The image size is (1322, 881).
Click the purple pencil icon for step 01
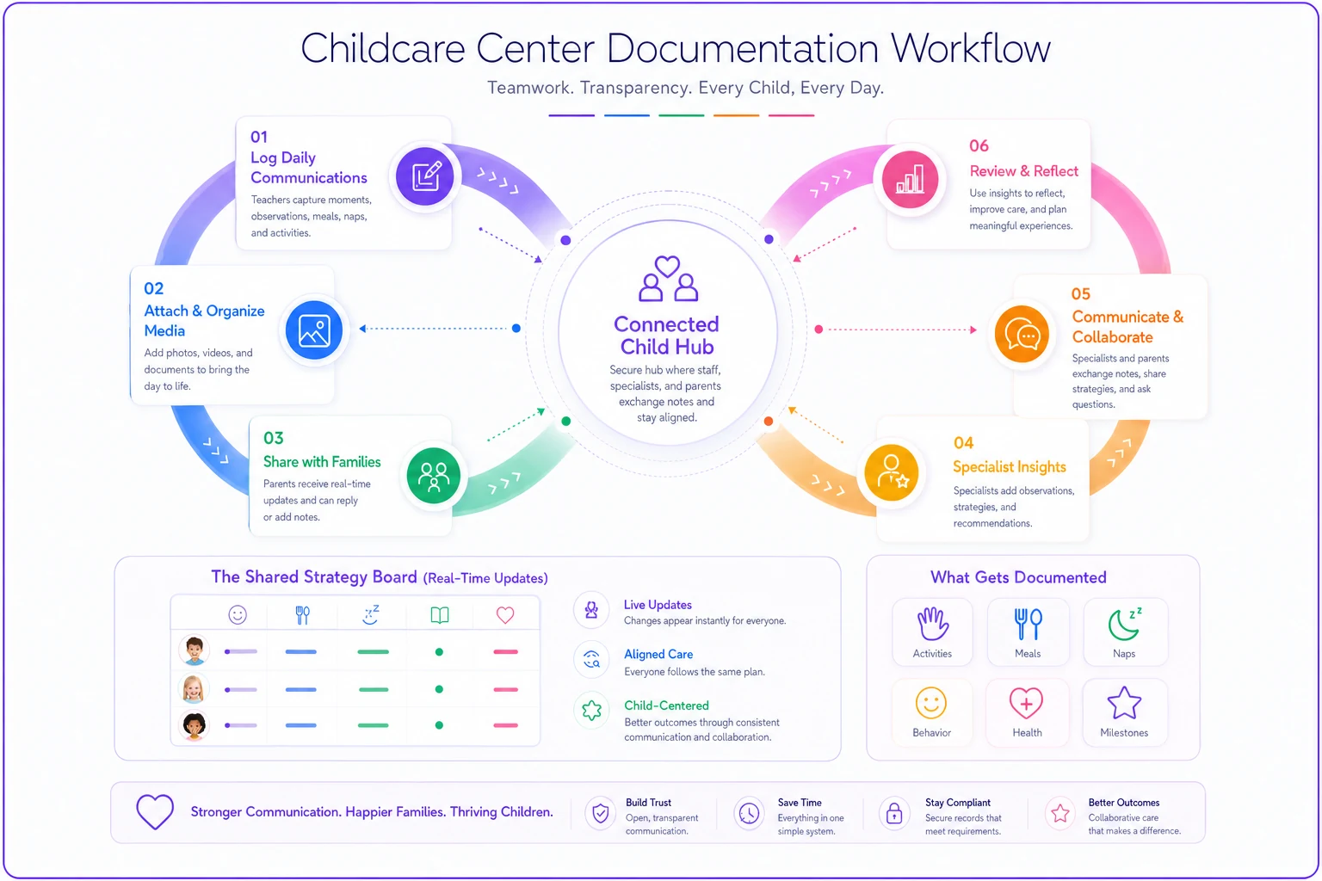coord(425,176)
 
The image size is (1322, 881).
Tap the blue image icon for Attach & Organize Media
coord(314,330)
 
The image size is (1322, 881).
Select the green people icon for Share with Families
coord(434,476)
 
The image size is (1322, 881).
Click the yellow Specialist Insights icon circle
coord(891,472)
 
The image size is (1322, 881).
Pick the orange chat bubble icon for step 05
coord(1022,335)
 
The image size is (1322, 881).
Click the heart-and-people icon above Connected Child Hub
coord(668,279)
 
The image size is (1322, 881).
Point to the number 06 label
coord(979,145)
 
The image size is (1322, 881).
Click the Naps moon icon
coord(1125,624)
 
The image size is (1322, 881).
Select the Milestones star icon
coord(1124,703)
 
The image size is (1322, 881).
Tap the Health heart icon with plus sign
coord(1026,703)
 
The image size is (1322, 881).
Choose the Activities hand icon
coord(932,624)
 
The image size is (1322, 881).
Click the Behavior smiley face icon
coord(931,703)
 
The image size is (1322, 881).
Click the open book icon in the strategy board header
coord(440,615)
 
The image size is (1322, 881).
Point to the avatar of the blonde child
coord(193,688)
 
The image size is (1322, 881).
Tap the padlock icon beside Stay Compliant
coord(894,813)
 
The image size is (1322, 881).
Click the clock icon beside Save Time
coord(749,814)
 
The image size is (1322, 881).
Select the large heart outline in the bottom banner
coord(155,811)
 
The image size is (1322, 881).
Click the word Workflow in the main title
coord(971,48)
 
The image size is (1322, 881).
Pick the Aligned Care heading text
coord(658,654)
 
